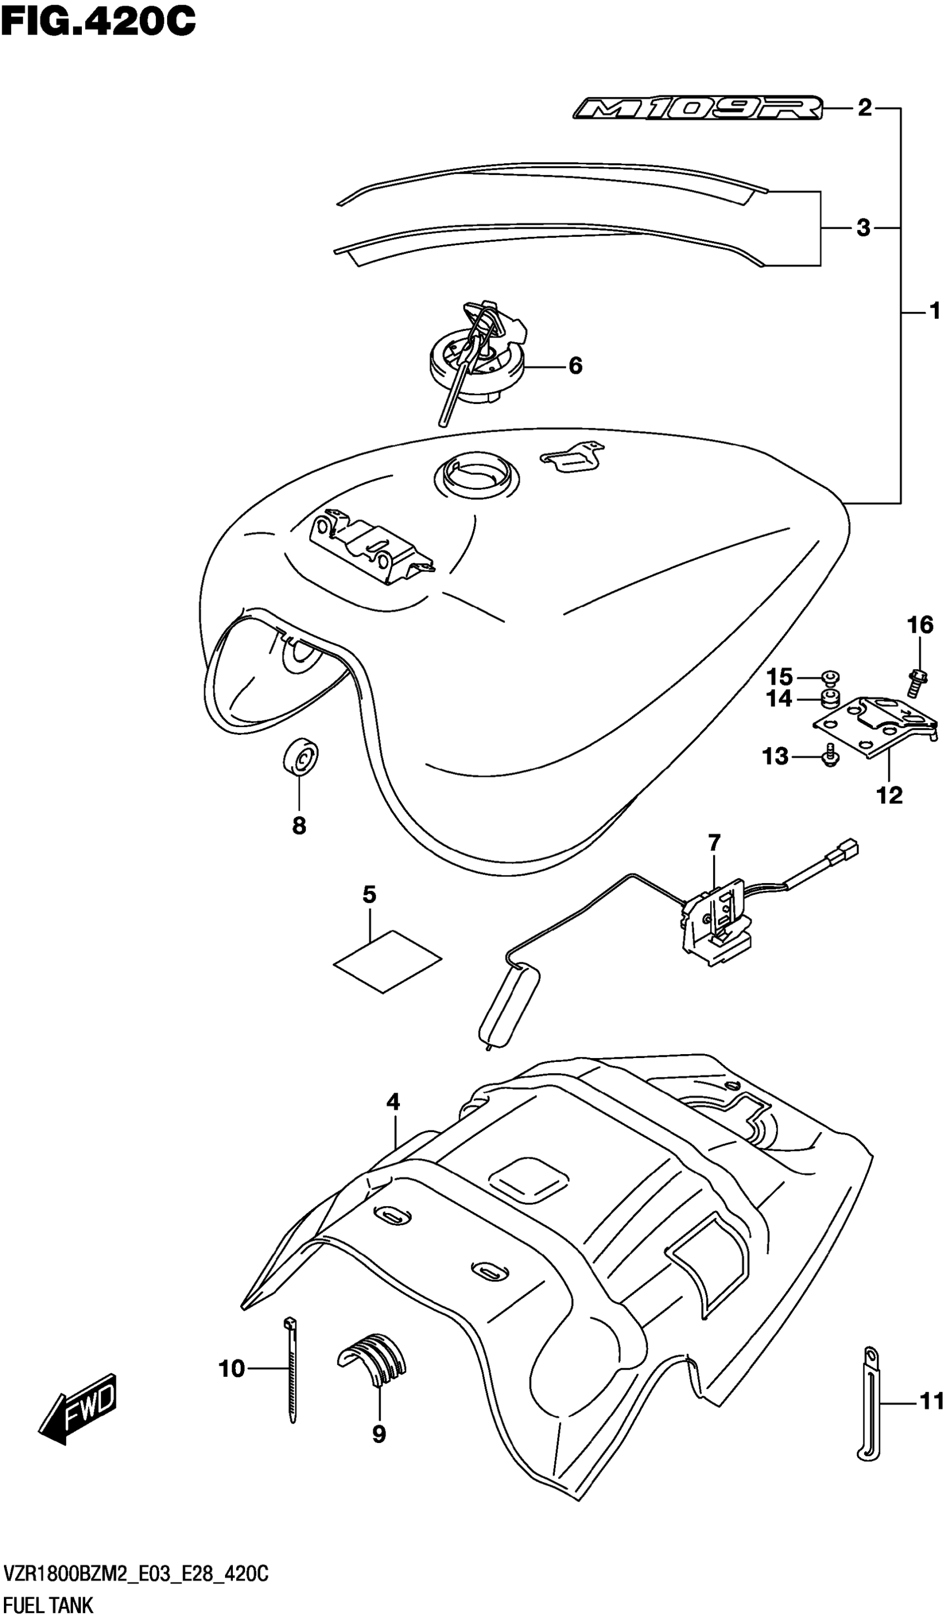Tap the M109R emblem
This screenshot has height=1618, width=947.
click(x=698, y=109)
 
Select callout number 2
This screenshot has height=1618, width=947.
click(x=865, y=109)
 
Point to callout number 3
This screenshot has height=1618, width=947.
click(x=863, y=228)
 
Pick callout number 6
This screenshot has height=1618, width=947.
click(x=575, y=366)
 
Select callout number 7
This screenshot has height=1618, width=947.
click(x=714, y=841)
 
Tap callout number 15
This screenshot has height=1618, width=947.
click(x=779, y=677)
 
